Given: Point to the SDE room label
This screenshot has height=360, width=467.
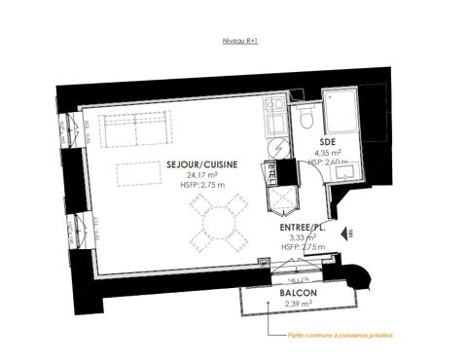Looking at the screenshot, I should click(328, 142).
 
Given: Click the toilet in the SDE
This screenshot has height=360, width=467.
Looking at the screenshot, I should click(306, 121).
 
